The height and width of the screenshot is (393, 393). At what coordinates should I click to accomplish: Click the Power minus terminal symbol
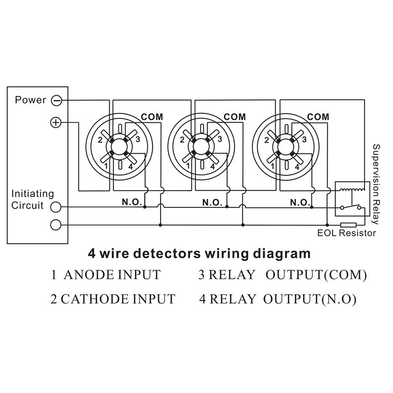[x=56, y=100]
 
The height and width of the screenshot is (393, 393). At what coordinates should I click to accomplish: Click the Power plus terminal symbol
[x=56, y=122]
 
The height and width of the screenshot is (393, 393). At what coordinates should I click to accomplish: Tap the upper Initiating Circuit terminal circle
[x=56, y=207]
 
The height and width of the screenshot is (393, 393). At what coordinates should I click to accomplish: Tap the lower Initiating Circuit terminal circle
[x=56, y=225]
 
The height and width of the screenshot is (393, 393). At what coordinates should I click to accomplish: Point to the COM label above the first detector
[x=152, y=117]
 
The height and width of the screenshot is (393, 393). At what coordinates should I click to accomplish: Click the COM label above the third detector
[x=318, y=117]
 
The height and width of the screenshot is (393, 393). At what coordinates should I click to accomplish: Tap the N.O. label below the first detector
[x=131, y=202]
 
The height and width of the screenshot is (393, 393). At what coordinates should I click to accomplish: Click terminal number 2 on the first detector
[x=100, y=140]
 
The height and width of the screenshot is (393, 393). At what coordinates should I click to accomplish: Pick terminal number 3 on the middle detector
[x=221, y=140]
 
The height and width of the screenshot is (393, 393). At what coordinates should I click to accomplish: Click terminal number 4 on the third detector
[x=296, y=167]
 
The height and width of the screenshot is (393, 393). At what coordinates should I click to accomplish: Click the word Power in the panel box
[x=30, y=100]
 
